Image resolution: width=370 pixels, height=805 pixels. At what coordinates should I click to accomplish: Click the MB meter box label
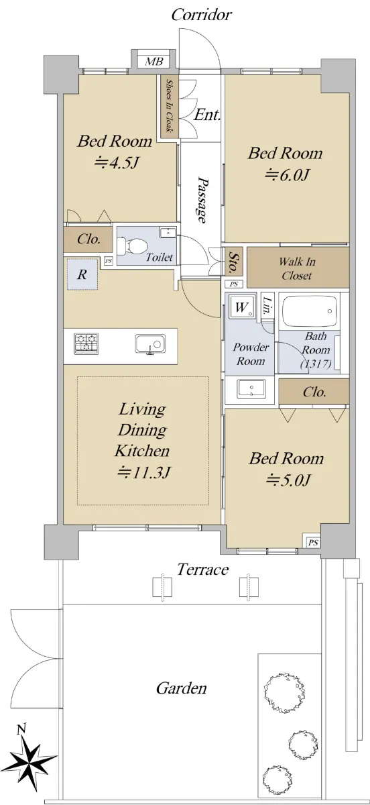pyautogui.click(x=153, y=62)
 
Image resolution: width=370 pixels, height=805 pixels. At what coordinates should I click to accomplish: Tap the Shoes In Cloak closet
pyautogui.click(x=168, y=107)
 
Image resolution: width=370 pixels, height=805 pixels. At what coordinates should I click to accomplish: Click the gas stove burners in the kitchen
pyautogui.click(x=86, y=343)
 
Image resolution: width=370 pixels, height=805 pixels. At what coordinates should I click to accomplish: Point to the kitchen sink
pyautogui.click(x=151, y=344)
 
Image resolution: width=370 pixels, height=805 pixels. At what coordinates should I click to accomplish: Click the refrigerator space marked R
pyautogui.click(x=82, y=274)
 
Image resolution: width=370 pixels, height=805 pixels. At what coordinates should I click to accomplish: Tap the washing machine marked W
pyautogui.click(x=242, y=307)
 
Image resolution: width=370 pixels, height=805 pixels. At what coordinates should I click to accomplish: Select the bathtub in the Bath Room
pyautogui.click(x=310, y=311)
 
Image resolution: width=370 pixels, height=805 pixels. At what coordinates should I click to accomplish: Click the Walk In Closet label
pyautogui.click(x=297, y=268)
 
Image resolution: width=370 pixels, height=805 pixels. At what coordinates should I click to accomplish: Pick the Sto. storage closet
pyautogui.click(x=234, y=261)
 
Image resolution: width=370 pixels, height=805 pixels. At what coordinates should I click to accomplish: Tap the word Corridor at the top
pyautogui.click(x=201, y=15)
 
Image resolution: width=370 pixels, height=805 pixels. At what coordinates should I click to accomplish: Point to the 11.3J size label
pyautogui.click(x=143, y=472)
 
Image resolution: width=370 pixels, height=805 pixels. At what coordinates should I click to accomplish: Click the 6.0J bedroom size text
pyautogui.click(x=287, y=175)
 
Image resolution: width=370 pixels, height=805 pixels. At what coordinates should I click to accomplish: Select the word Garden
pyautogui.click(x=182, y=688)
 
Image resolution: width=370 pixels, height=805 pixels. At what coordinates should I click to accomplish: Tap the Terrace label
pyautogui.click(x=203, y=570)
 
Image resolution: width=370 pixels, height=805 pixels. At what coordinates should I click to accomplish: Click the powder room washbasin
pyautogui.click(x=251, y=389)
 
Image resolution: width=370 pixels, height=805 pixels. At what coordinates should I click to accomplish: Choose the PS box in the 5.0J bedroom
pyautogui.click(x=313, y=543)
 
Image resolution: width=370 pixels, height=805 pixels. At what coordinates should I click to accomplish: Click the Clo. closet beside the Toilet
pyautogui.click(x=88, y=239)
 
